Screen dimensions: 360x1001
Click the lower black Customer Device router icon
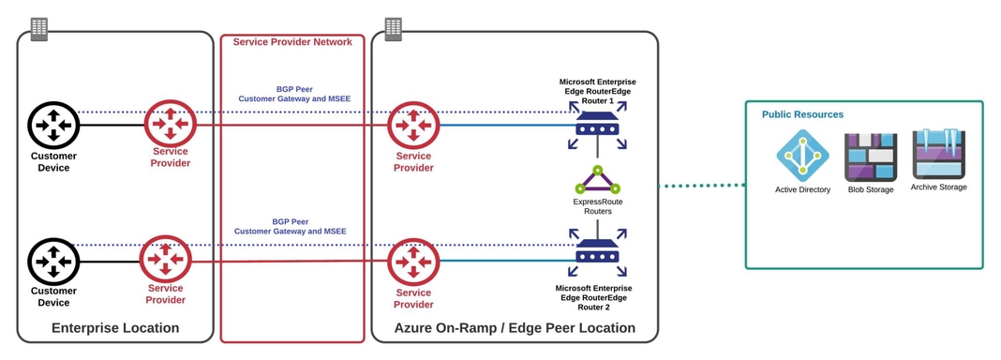click(53, 262)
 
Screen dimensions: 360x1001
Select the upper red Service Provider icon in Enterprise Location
click(170, 124)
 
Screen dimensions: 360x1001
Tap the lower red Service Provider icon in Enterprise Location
click(166, 261)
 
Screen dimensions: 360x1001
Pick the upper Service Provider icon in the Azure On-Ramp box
click(413, 125)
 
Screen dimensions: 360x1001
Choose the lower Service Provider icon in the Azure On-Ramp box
click(413, 262)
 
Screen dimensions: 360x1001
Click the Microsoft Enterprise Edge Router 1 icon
click(598, 127)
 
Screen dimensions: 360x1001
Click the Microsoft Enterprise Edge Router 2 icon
click(598, 254)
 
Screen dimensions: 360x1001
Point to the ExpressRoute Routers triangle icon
click(598, 180)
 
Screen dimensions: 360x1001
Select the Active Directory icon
click(802, 156)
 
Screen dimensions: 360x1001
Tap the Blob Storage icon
click(871, 157)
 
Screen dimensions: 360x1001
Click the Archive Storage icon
click(938, 155)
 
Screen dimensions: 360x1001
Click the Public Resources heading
click(802, 114)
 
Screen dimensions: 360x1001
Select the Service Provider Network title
click(292, 42)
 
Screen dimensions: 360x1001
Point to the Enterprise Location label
click(115, 328)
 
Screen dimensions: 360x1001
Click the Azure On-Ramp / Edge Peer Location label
click(515, 328)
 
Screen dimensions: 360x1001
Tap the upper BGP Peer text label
click(292, 90)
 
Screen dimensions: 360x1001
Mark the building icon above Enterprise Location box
click(39, 29)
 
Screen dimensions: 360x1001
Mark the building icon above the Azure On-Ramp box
click(394, 29)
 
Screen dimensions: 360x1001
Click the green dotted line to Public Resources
click(702, 186)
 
